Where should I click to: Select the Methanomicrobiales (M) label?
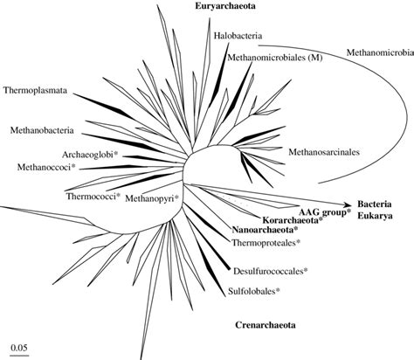point(267,58)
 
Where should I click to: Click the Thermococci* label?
point(93,197)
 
